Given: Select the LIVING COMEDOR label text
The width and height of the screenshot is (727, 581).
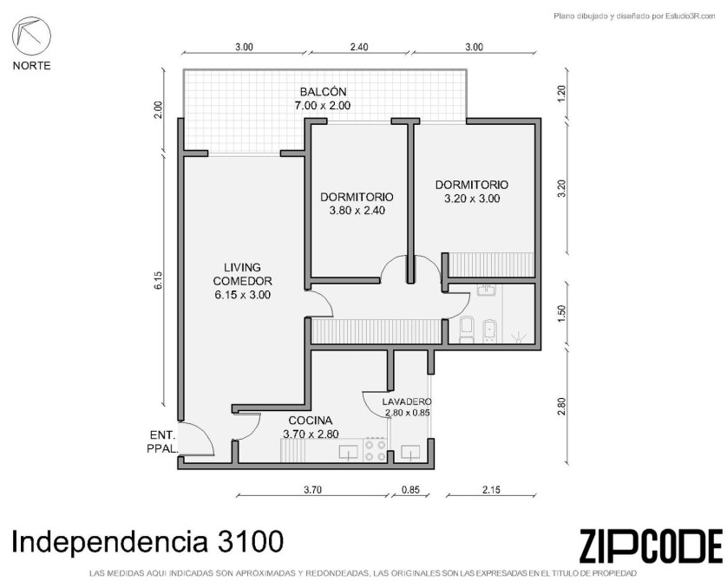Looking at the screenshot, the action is pyautogui.click(x=243, y=274).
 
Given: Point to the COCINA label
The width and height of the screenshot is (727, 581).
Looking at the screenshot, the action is pyautogui.click(x=311, y=421).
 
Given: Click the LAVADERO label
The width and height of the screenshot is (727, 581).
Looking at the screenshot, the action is pyautogui.click(x=407, y=401).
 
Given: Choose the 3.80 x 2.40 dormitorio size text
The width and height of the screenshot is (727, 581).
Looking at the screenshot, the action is pyautogui.click(x=357, y=211).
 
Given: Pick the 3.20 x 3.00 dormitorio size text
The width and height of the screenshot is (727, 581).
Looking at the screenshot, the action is pyautogui.click(x=472, y=199).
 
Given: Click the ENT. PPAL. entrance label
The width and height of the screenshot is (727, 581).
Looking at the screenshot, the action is pyautogui.click(x=161, y=441).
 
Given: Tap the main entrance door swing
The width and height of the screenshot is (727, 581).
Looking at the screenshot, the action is pyautogui.click(x=197, y=438).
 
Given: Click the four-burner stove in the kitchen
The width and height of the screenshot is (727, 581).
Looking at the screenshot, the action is pyautogui.click(x=375, y=450).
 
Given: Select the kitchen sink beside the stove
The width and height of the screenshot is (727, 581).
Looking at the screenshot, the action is pyautogui.click(x=348, y=452).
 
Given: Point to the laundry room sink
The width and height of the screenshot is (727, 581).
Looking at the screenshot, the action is pyautogui.click(x=410, y=452).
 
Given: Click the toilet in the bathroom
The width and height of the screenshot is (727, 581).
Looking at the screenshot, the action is pyautogui.click(x=467, y=329).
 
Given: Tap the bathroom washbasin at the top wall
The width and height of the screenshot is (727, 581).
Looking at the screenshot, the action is pyautogui.click(x=487, y=290).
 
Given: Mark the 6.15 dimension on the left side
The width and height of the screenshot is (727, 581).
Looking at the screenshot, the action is pyautogui.click(x=159, y=280).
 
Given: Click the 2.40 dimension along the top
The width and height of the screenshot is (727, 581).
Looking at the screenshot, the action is pyautogui.click(x=359, y=47).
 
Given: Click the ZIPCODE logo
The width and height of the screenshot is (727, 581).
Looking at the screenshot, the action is pyautogui.click(x=651, y=545).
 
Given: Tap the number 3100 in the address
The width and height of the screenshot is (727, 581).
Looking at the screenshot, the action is pyautogui.click(x=249, y=541).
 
